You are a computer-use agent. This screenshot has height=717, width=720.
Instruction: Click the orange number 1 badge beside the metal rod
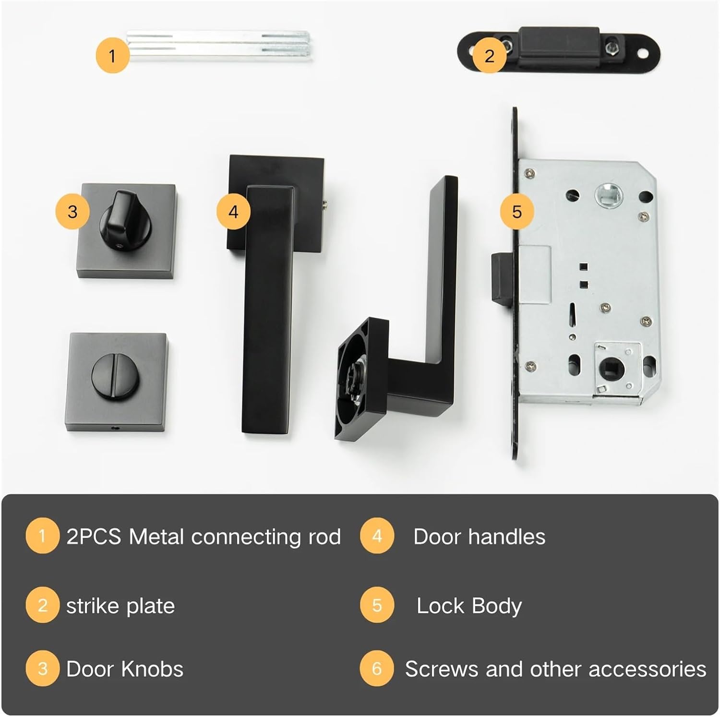(112, 56)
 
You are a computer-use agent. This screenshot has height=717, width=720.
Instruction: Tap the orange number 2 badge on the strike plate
(489, 56)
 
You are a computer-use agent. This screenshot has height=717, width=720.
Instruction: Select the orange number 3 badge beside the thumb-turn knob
(72, 212)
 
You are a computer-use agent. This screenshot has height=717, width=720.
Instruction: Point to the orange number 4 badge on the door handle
(233, 212)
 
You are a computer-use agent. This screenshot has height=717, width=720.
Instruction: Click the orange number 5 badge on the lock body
(516, 212)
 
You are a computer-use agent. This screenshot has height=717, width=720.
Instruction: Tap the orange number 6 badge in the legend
(377, 669)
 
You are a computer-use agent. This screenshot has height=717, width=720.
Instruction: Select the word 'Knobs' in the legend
(152, 669)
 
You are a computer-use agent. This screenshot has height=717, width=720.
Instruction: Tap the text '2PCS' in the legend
(94, 537)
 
